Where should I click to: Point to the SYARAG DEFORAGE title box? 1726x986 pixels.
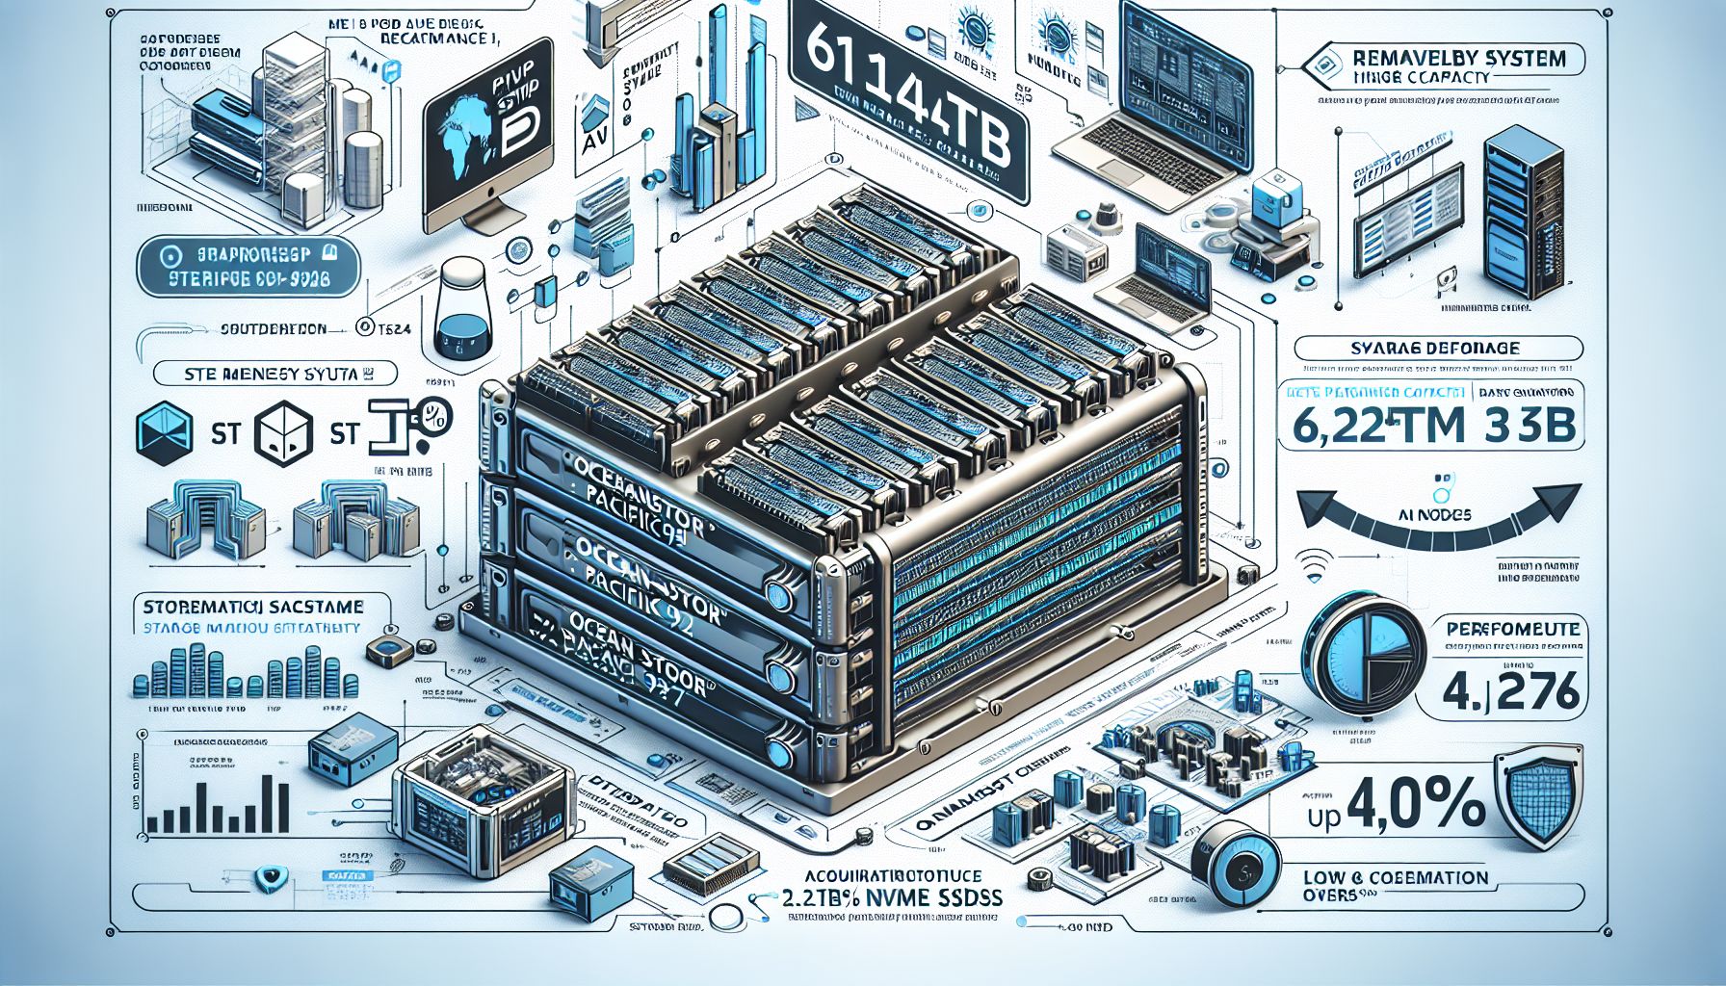tap(1438, 348)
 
